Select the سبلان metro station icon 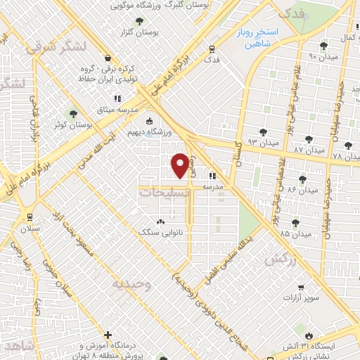point(30,217)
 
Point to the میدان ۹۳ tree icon point(263,131)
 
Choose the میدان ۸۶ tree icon point(302,180)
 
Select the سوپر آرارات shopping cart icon point(301,288)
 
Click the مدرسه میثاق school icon point(117,98)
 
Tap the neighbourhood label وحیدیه point(131,284)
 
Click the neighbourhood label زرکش point(279,259)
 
